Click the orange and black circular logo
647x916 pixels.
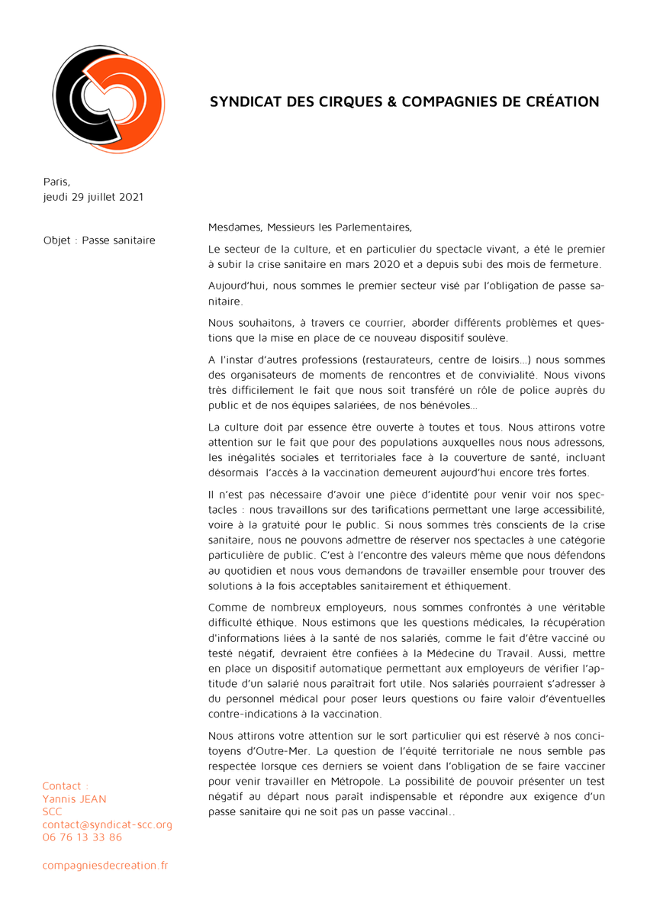click(x=108, y=99)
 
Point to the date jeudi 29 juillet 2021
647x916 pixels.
click(x=93, y=197)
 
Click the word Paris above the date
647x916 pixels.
click(x=55, y=182)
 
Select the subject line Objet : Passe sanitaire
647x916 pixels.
click(x=99, y=240)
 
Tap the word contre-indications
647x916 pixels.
click(x=260, y=714)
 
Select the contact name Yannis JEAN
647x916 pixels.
click(x=74, y=799)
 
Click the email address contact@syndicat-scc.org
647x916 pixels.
click(x=108, y=824)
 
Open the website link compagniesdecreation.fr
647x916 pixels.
click(x=105, y=865)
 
